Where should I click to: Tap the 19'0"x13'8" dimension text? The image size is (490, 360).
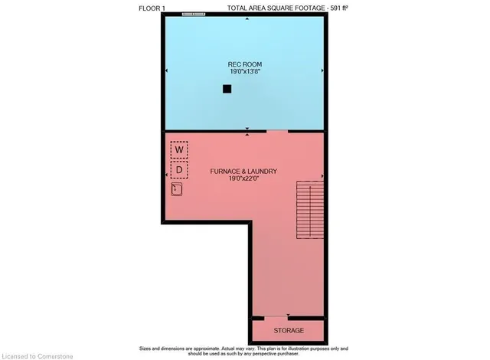245,71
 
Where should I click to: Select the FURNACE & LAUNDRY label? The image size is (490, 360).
243,171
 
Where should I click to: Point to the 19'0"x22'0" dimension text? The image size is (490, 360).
243,179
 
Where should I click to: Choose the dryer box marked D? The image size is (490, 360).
179,168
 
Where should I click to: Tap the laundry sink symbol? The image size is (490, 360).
178,188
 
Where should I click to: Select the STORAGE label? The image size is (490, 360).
289,330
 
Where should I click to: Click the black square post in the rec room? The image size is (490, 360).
227,89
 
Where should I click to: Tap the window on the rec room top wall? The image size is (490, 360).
194,15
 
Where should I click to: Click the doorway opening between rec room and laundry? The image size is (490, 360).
276,132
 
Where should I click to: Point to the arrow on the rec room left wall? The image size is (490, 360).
166,72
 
